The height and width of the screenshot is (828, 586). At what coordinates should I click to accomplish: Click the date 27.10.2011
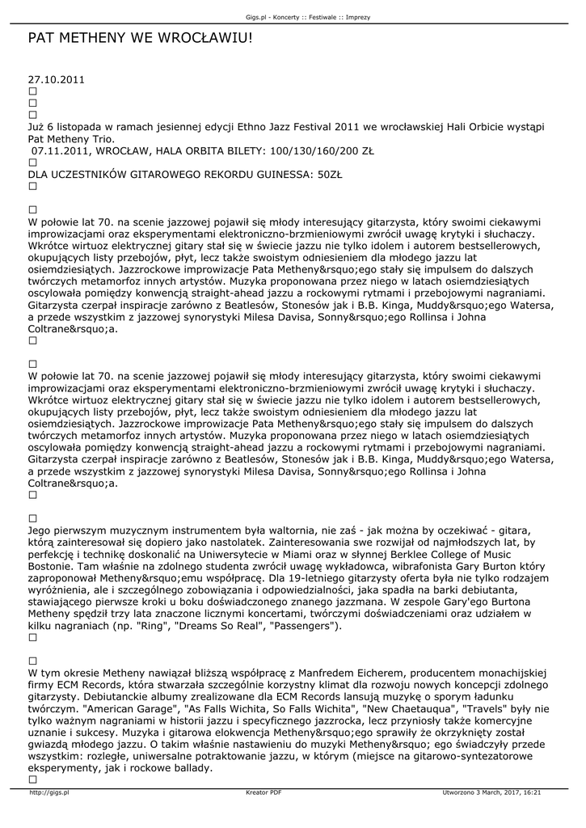point(56,80)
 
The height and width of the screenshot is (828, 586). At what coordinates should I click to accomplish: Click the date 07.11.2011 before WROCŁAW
point(59,150)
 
